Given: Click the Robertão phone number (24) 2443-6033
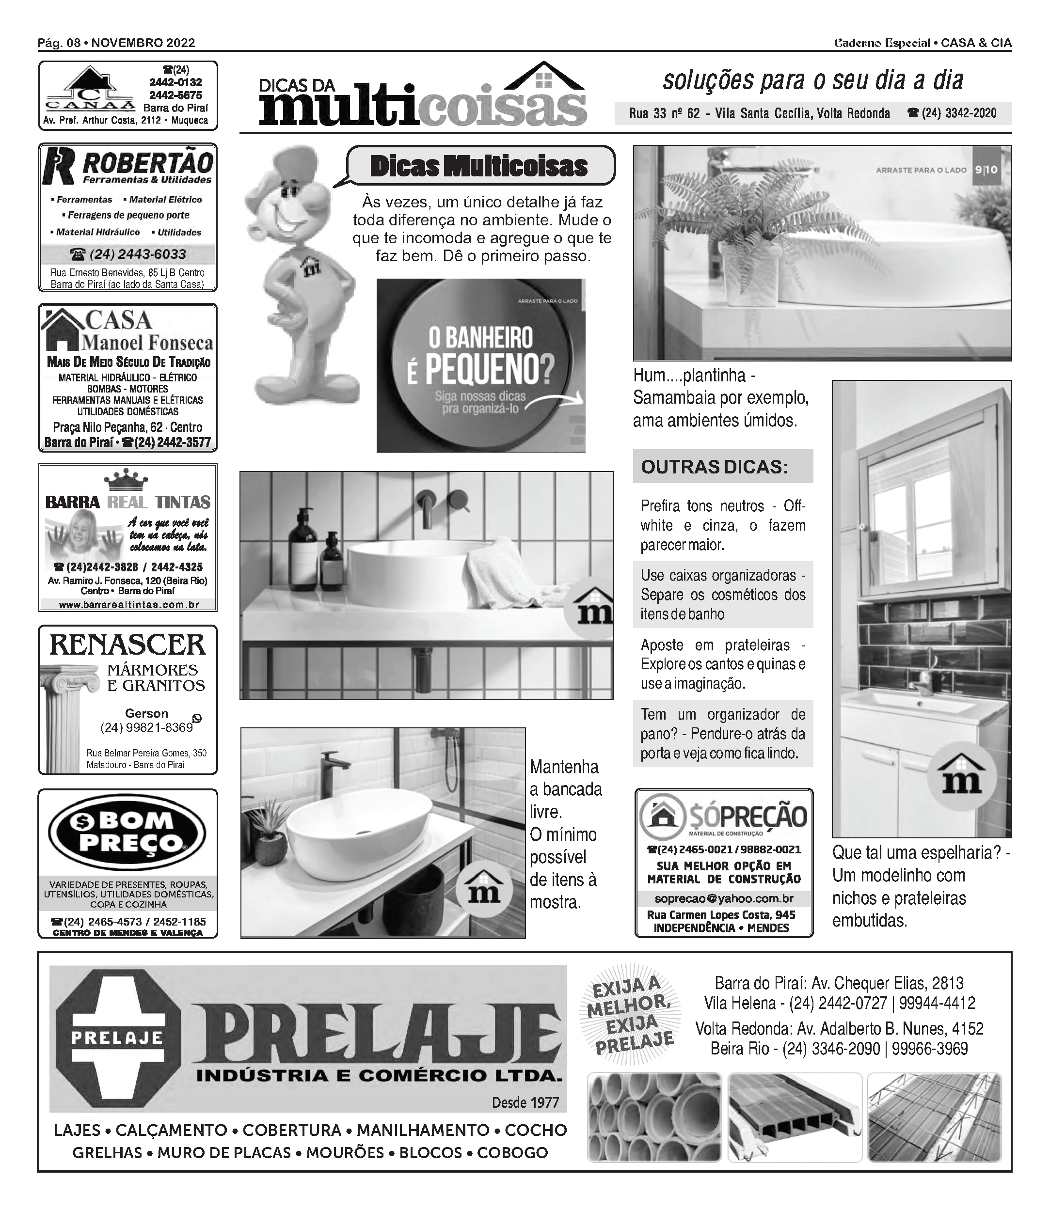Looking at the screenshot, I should coord(128,254).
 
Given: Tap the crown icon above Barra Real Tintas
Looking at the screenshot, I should coord(126,480).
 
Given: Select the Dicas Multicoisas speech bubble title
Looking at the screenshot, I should coord(479,166).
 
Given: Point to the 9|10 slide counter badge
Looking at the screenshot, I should coord(986,170).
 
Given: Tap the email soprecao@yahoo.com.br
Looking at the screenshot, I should coord(724,898).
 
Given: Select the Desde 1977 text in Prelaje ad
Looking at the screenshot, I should coord(525,1103).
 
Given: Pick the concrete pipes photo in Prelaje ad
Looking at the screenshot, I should coord(654,1117).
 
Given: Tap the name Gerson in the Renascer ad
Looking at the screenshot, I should coord(146,713).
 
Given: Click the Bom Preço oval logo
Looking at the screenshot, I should coord(127,832).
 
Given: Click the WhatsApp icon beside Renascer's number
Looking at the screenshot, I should coord(197,719).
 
